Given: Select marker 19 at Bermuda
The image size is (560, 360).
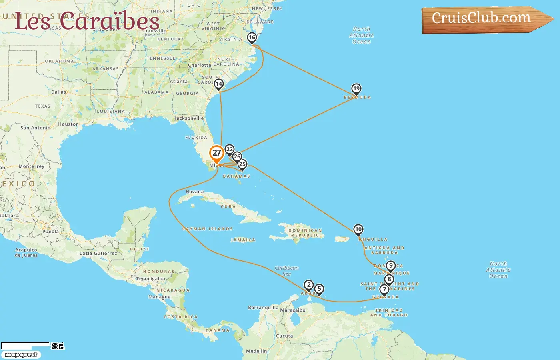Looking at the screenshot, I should click(356, 89).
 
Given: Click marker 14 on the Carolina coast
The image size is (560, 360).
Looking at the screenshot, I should click(218, 84).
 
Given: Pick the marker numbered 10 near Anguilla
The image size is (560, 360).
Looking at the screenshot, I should click(358, 230).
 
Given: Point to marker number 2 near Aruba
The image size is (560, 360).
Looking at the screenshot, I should click(308, 285).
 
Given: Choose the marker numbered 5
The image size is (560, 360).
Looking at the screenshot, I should click(319, 289).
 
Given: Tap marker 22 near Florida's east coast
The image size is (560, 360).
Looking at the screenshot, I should click(229, 150).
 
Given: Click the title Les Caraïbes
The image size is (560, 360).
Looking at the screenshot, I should click(87, 21).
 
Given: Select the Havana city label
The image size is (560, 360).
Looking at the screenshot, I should click(195, 192).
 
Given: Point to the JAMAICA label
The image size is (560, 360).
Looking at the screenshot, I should click(243, 240).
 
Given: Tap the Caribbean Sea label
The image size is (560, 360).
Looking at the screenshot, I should click(287, 271).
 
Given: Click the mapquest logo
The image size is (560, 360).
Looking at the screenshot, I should click(21, 355).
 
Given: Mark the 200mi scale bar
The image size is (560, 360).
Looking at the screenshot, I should click(25, 344).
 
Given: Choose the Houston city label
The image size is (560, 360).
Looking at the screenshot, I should click(68, 124).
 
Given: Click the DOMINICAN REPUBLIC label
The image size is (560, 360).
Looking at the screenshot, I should click(305, 233).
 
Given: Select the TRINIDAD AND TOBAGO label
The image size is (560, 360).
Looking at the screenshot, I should click(389, 312).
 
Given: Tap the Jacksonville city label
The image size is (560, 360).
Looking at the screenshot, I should click(189, 118).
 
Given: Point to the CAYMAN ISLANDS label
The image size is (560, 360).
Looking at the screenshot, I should click(207, 229).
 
